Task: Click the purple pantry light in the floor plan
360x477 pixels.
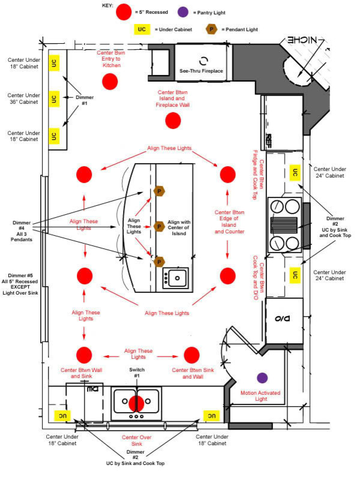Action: (262, 378)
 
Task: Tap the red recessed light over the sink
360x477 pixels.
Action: (136, 403)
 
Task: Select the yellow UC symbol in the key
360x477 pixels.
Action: (142, 29)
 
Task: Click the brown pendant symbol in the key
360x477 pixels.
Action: (211, 29)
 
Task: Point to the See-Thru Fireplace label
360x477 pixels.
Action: (201, 71)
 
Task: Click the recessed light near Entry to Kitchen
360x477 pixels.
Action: (110, 82)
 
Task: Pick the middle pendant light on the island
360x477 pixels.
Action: (159, 227)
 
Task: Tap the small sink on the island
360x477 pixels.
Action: (175, 277)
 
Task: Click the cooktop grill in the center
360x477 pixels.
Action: (284, 225)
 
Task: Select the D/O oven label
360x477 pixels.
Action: (282, 319)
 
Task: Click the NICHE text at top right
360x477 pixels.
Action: (302, 40)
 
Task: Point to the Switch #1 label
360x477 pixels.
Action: (137, 373)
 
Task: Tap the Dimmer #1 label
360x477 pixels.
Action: (85, 100)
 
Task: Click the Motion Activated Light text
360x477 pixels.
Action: (260, 396)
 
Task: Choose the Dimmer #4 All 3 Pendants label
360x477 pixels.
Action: (22, 231)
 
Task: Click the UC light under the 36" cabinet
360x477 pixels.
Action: (54, 99)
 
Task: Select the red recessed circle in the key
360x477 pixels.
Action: (124, 12)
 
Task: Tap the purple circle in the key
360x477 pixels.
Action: (182, 12)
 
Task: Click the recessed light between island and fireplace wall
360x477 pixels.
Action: (173, 121)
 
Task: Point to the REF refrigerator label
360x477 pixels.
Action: (268, 140)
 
